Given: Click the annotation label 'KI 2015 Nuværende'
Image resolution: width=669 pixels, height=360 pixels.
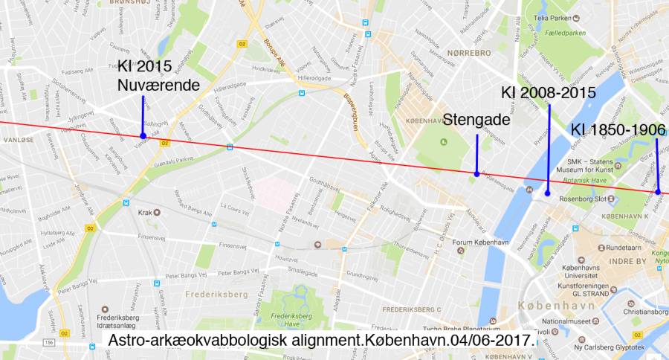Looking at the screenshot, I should (x=158, y=76).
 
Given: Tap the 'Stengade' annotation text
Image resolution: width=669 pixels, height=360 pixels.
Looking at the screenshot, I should (x=476, y=119).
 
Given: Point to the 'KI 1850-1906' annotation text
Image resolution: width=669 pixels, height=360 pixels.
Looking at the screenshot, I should (x=618, y=130).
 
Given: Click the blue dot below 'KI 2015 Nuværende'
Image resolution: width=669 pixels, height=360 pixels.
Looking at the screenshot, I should (x=143, y=135).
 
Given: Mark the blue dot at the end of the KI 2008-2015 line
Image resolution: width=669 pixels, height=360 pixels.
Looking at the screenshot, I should (x=547, y=193).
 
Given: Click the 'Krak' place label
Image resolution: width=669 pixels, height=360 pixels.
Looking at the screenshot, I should (x=145, y=212).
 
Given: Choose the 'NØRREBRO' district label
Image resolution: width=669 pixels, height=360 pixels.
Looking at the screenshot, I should (x=470, y=53).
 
